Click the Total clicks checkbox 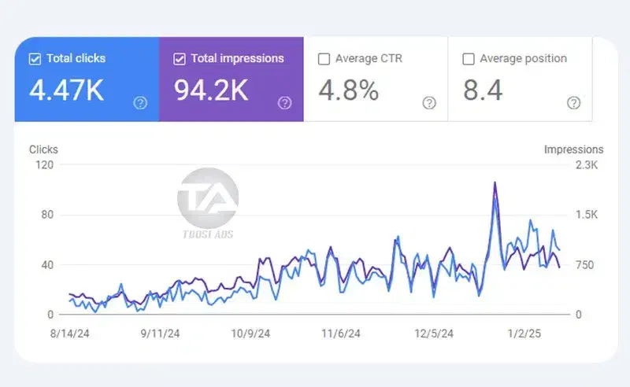(35, 59)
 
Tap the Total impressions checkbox (179, 59)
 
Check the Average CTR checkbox (324, 59)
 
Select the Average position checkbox (469, 59)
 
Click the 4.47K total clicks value (66, 91)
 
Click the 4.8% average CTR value (348, 91)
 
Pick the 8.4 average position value (483, 91)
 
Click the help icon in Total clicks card (140, 103)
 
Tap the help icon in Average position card (574, 103)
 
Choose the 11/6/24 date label (341, 334)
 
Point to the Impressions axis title (573, 149)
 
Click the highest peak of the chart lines (495, 183)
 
